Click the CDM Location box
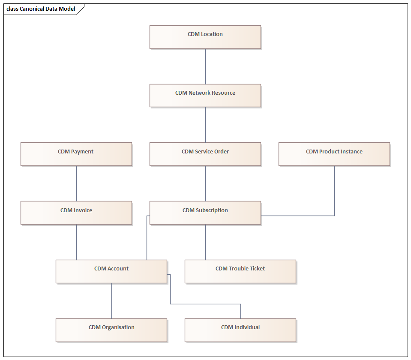click(205, 37)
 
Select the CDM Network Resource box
click(205, 96)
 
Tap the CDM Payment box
click(76, 154)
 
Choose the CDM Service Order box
click(205, 154)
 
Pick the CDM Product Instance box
click(334, 154)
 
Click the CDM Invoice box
click(76, 213)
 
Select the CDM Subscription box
click(205, 213)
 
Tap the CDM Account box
click(111, 271)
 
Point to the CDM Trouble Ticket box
click(240, 271)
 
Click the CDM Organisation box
click(111, 330)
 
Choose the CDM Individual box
click(240, 330)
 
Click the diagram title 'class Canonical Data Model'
click(41, 9)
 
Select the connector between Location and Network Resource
click(205, 66)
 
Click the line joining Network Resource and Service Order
click(205, 125)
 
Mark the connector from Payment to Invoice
click(77, 183)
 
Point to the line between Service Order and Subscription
click(205, 183)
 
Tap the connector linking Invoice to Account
click(77, 242)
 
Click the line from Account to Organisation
click(112, 301)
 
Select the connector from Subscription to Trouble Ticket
click(205, 242)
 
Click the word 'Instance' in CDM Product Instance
click(352, 152)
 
